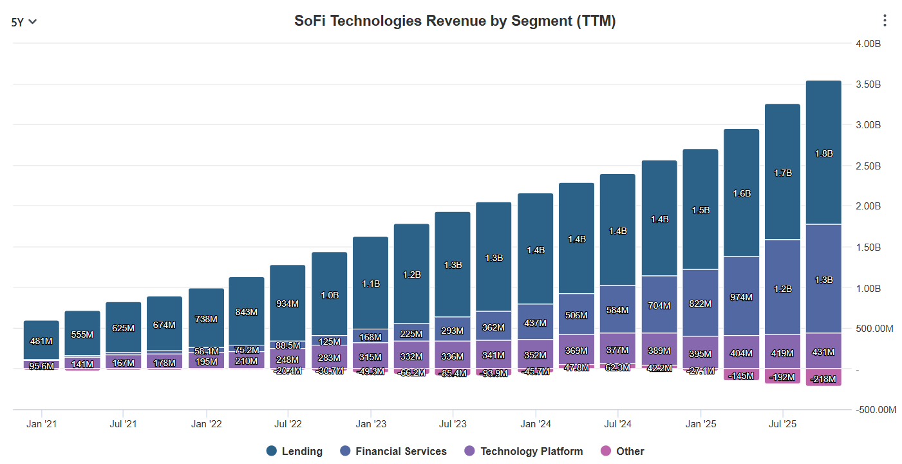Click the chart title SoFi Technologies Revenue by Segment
[x=455, y=21]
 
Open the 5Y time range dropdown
[x=24, y=21]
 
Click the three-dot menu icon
[x=885, y=21]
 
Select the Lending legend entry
[x=294, y=451]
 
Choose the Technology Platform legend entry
[x=523, y=451]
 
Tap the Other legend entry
[x=622, y=451]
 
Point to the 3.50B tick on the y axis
[x=868, y=84]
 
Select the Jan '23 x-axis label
[x=371, y=424]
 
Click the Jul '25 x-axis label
[x=782, y=424]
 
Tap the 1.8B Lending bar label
[x=823, y=153]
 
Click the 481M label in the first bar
[x=41, y=341]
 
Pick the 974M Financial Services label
[x=741, y=297]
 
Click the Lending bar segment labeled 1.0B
[x=329, y=295]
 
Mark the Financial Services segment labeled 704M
[x=659, y=305]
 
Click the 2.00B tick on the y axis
[x=868, y=206]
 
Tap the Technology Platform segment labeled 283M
[x=329, y=358]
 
